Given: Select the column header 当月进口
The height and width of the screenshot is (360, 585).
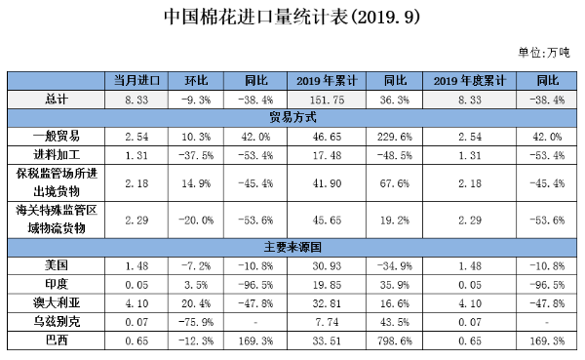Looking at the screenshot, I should tap(137, 79).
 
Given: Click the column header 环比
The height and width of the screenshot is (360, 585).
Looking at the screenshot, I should tap(198, 79).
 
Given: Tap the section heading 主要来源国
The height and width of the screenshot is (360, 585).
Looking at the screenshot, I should tap(292, 246).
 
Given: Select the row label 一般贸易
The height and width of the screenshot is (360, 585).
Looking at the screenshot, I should tap(56, 136).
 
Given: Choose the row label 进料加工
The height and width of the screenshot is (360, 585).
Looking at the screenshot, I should tap(56, 154).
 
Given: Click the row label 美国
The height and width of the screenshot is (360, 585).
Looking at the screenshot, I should tap(56, 264).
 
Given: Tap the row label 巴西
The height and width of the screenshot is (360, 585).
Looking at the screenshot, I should tap(56, 340).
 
